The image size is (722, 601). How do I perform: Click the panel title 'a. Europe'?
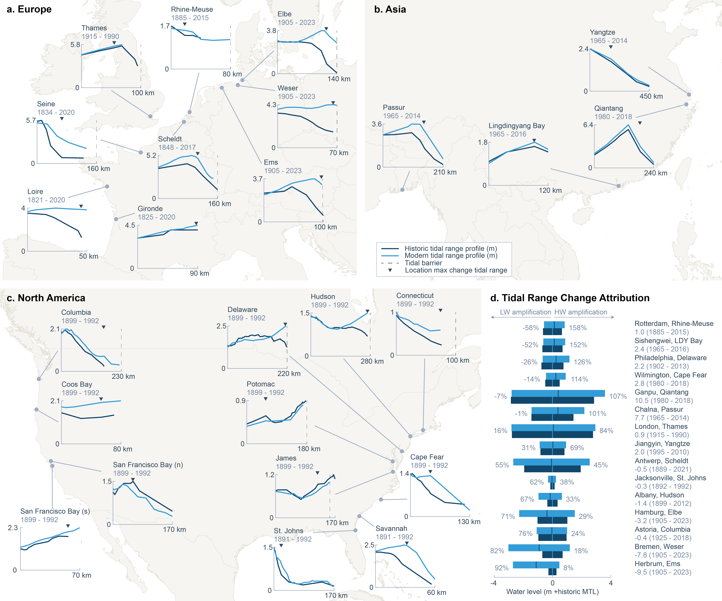[x=29, y=9]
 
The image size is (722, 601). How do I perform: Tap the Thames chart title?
[x=94, y=28]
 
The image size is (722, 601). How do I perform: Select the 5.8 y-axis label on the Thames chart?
[x=75, y=45]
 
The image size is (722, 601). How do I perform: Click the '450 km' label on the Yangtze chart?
[x=651, y=96]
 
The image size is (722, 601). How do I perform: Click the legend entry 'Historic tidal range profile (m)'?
[x=450, y=248]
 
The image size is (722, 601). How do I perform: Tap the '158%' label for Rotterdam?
[x=578, y=328]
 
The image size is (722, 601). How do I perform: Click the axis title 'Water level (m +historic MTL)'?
[x=552, y=592]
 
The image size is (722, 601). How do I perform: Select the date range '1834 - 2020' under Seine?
[x=56, y=112]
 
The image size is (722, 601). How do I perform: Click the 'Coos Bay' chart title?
[x=77, y=384]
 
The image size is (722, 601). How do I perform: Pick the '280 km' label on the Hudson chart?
[x=372, y=361]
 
